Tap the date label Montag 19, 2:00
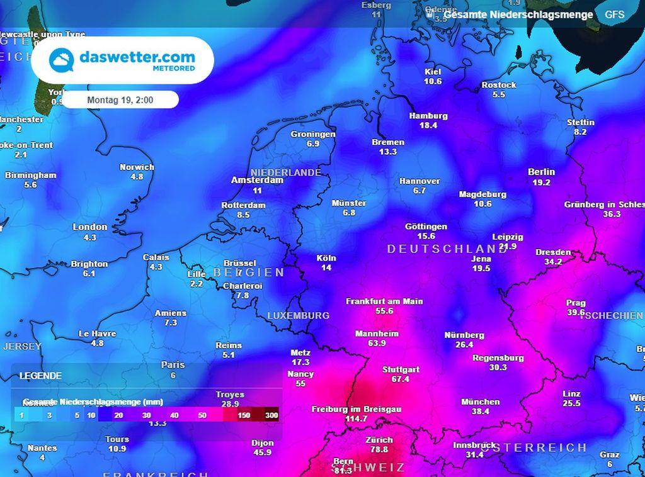point(120,99)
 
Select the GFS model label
point(615,14)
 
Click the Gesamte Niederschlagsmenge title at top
point(518,14)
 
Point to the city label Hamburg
point(428,116)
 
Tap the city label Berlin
point(542,172)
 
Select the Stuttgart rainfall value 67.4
point(401,379)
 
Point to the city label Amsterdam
point(257,180)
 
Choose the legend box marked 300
point(265,415)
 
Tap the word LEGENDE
point(40,376)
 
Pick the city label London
point(90,227)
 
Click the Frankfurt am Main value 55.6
point(384,311)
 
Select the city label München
point(481,401)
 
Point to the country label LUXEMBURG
point(298,315)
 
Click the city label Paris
point(173,364)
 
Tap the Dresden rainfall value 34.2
point(553,262)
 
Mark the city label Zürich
point(379,440)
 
